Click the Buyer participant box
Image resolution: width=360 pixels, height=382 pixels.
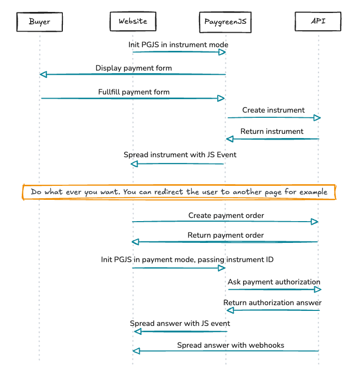pos(39,22)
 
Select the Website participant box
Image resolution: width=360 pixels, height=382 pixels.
pos(132,21)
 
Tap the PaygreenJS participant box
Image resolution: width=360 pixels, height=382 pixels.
pos(225,22)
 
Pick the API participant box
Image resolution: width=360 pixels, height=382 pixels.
pos(318,21)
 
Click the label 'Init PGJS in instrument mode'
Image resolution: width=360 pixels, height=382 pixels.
pos(178,45)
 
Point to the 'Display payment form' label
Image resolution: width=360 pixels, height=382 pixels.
pos(134,68)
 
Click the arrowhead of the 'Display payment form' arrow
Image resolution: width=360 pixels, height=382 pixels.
pos(43,75)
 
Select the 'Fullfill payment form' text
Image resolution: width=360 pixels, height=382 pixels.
pos(134,92)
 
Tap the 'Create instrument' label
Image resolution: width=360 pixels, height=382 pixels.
pos(273,110)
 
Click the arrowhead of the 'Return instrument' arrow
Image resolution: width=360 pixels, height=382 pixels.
pos(230,139)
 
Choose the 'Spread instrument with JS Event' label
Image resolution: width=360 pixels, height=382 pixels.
pos(180,155)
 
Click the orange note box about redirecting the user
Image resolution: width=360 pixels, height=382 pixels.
pos(179,192)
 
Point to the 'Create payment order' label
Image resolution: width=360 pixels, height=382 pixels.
pos(226,215)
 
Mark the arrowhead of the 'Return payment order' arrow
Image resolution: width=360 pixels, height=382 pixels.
pos(136,242)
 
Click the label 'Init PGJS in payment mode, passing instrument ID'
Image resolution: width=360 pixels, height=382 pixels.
pos(187,259)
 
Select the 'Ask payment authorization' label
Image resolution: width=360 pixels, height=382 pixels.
pos(274,282)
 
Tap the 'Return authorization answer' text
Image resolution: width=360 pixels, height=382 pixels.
pos(272,303)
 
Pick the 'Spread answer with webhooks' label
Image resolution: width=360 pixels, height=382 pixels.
pos(231,345)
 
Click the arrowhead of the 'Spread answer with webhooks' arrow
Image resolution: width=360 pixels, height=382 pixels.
pos(136,351)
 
